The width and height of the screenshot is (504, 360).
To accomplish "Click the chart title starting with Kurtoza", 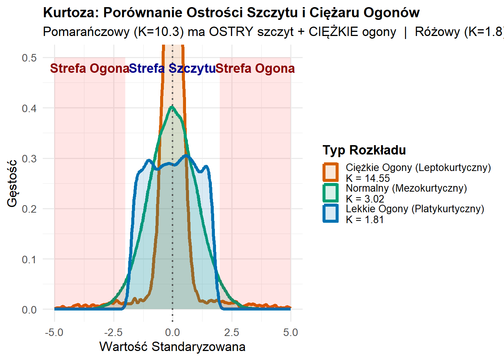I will tap(231, 13).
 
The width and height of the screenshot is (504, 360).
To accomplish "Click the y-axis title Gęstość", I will tap(12, 183).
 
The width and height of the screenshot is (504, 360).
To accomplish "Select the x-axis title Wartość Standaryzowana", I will tap(172, 346).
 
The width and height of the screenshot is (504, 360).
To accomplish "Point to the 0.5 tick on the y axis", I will tap(29, 58).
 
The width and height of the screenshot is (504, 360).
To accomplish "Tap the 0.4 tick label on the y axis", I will tap(29, 108).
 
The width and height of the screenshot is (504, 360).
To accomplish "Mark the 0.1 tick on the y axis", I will tap(29, 259).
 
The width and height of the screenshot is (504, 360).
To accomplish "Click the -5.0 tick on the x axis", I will tap(54, 332).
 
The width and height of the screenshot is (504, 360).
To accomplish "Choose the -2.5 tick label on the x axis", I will tap(113, 332).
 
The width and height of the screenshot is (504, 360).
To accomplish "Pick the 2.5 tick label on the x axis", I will tap(231, 332).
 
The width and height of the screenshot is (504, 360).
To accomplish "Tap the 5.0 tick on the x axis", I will tap(291, 332).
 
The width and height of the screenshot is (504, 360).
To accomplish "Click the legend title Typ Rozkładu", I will tap(364, 150).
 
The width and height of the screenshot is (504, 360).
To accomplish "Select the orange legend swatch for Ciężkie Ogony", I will tap(331, 172).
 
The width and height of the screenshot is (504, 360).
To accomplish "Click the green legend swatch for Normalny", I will tap(331, 193).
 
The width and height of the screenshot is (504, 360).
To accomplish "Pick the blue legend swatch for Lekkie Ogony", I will tap(331, 214).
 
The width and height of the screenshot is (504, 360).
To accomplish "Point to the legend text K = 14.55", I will tap(367, 178).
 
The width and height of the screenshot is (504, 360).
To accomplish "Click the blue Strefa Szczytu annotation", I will tap(172, 69).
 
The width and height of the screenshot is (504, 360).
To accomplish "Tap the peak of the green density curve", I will tap(172, 107).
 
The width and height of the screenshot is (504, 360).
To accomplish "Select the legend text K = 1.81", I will tap(364, 219).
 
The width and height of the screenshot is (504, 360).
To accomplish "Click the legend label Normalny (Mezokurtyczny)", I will tap(406, 188).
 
